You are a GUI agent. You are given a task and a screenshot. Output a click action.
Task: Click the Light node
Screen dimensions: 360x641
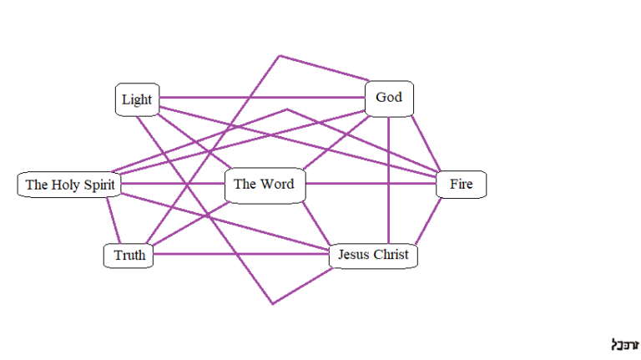[x=137, y=100]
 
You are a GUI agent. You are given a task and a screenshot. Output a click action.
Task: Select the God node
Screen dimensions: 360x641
[x=389, y=98]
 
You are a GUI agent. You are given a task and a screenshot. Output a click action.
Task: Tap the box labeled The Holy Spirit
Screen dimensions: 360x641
[x=70, y=185]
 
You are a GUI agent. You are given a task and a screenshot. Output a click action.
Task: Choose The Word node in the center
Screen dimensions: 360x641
[x=265, y=185]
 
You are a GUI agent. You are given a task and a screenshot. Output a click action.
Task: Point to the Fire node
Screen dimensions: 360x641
[x=461, y=185]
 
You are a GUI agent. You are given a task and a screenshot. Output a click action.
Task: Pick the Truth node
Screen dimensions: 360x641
[x=129, y=256]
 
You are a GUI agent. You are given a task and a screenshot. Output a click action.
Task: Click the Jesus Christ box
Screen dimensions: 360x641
[x=373, y=256]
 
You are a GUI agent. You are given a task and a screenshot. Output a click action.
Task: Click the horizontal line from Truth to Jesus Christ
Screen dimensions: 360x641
[x=242, y=256]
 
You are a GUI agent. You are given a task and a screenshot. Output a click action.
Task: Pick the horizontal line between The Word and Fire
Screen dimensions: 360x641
[x=371, y=184]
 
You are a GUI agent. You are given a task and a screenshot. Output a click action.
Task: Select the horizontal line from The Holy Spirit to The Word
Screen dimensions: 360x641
[x=174, y=184]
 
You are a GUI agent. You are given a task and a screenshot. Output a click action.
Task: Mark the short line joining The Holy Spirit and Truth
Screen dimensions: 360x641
[x=114, y=219]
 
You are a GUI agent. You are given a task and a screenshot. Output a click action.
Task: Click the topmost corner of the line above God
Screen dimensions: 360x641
[x=280, y=56]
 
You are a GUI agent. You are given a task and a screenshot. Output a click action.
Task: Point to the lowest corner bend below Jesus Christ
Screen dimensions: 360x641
[x=272, y=303]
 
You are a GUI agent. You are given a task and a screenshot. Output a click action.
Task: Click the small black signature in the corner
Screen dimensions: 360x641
[x=624, y=343]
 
